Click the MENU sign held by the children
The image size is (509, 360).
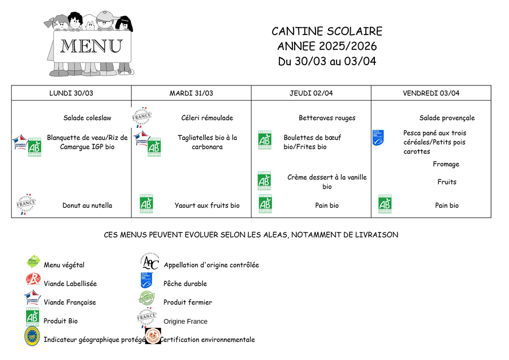pyautogui.click(x=91, y=46)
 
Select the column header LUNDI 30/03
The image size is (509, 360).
pyautogui.click(x=71, y=93)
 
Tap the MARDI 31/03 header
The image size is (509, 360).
pyautogui.click(x=191, y=93)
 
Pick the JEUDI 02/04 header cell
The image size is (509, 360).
pyautogui.click(x=311, y=93)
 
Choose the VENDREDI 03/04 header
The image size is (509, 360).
pyautogui.click(x=431, y=93)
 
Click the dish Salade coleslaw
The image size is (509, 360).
pyautogui.click(x=87, y=118)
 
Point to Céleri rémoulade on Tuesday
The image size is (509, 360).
pyautogui.click(x=207, y=118)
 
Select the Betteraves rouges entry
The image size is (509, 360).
pyautogui.click(x=327, y=118)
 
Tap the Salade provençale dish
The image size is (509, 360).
pyautogui.click(x=447, y=118)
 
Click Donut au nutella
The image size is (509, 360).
pyautogui.click(x=87, y=206)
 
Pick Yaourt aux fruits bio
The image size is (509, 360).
pyautogui.click(x=207, y=206)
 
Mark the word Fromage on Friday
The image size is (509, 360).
pyautogui.click(x=446, y=165)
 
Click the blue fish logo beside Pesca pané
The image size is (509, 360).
pyautogui.click(x=378, y=138)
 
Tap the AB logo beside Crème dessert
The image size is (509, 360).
pyautogui.click(x=264, y=181)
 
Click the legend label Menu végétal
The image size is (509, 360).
pyautogui.click(x=64, y=265)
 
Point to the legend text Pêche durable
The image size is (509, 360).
pyautogui.click(x=185, y=284)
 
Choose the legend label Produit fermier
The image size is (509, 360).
pyautogui.click(x=188, y=303)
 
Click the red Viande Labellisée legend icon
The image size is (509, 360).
pyautogui.click(x=33, y=279)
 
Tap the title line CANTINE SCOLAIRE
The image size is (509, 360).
pyautogui.click(x=327, y=32)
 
